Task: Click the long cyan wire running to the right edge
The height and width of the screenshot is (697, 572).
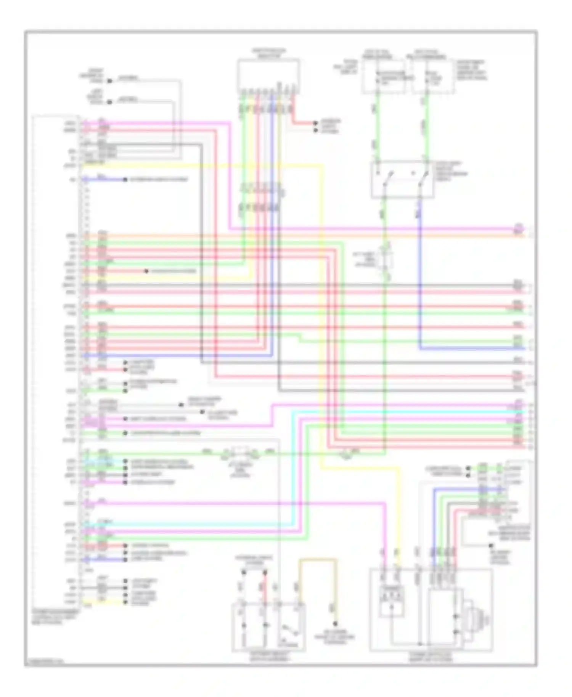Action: tap(400, 412)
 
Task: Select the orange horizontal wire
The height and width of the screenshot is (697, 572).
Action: tap(305, 236)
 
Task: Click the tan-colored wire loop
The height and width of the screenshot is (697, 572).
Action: tap(318, 560)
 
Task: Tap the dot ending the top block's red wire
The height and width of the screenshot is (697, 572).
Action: tap(315, 123)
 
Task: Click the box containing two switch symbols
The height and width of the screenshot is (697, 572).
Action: tap(402, 179)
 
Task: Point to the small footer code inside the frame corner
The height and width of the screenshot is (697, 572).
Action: tap(44, 662)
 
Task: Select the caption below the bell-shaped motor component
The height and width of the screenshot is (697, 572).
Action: tap(431, 656)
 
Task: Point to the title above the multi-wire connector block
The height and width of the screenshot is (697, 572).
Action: tap(268, 53)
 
